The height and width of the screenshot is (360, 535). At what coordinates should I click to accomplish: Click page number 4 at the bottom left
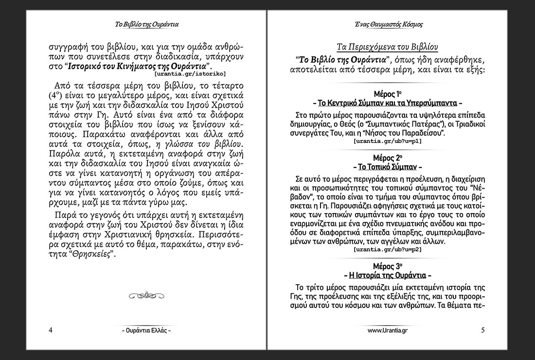[51, 330]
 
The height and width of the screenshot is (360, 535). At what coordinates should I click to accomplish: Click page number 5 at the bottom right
[482, 330]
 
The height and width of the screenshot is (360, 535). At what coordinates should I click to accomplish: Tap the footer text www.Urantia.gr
[388, 330]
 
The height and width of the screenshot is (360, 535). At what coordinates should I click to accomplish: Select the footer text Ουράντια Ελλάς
[146, 330]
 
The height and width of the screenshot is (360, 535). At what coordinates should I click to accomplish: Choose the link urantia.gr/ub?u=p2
[388, 249]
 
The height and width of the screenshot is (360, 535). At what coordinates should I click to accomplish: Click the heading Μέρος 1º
[388, 93]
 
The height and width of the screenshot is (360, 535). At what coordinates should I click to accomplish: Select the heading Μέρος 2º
[388, 158]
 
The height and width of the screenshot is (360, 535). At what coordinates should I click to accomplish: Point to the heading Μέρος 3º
[388, 266]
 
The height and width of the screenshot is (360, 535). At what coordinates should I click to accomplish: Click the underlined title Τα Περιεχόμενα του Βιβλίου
[388, 47]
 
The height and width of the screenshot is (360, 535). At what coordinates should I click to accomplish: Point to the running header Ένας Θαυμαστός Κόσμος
[388, 24]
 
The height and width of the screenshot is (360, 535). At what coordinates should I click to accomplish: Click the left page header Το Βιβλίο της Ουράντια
[146, 24]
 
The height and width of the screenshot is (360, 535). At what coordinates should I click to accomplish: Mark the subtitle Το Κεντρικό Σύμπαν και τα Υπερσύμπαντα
[388, 103]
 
